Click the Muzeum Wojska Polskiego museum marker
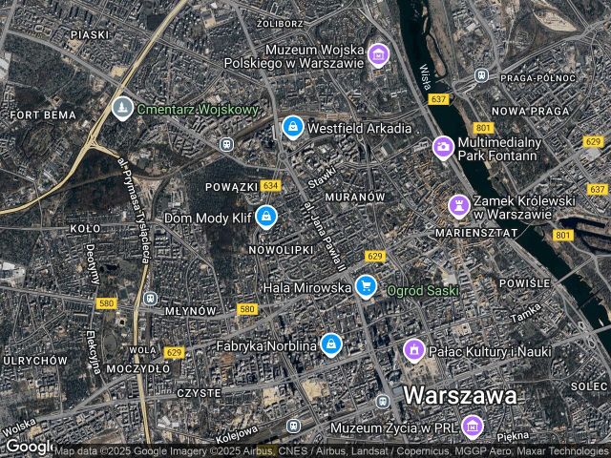(x=379, y=54)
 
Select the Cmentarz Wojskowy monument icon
(x=121, y=109)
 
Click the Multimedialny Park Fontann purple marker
(x=442, y=147)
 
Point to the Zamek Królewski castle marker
(x=459, y=205)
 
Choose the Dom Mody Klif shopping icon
(x=266, y=217)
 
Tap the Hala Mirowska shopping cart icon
(x=365, y=285)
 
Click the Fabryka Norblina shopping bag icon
(x=330, y=343)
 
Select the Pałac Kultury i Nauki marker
(x=413, y=350)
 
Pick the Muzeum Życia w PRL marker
(x=472, y=426)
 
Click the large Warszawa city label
(x=460, y=395)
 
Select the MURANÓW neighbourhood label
(x=355, y=197)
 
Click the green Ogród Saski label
(x=423, y=289)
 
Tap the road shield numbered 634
(x=271, y=185)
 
